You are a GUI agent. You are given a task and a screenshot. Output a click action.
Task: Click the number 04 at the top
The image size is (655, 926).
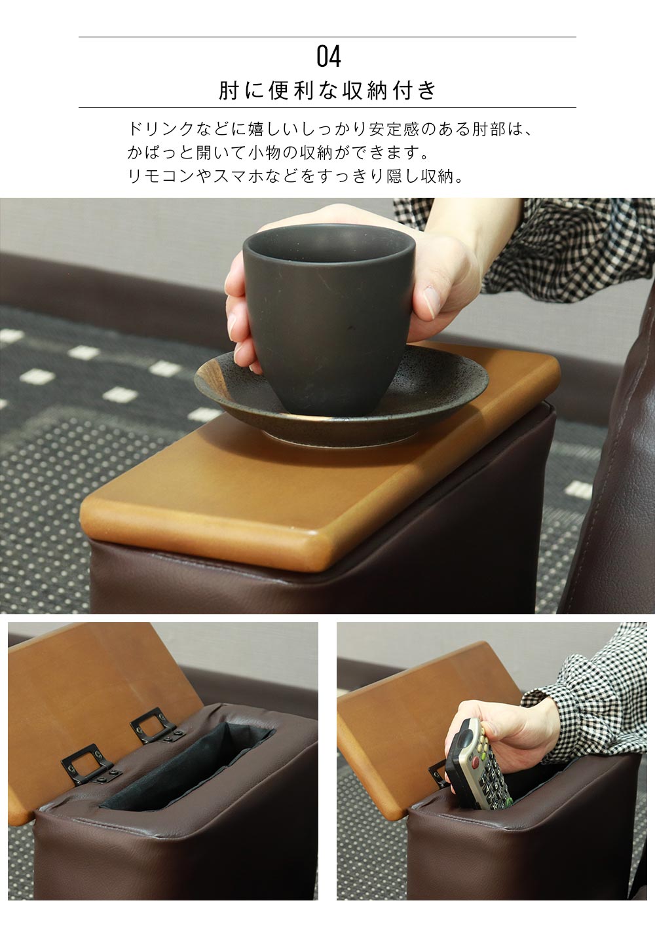point(328,56)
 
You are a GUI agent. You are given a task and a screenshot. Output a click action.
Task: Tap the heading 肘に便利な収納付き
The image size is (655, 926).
point(327,90)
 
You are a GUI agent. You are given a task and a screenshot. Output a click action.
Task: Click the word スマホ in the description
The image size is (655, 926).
point(238,176)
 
